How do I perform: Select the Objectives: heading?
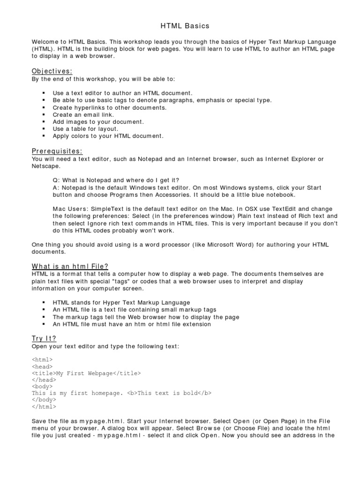[x=52, y=71]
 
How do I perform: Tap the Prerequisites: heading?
[x=57, y=151]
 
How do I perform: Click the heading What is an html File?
[x=70, y=266]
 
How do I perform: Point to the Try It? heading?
[x=44, y=338]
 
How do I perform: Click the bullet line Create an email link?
[x=83, y=114]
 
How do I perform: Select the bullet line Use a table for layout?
[x=86, y=128]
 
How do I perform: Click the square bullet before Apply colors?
[x=44, y=136]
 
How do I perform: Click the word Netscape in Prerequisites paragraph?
[x=46, y=166]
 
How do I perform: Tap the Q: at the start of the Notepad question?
[x=56, y=180]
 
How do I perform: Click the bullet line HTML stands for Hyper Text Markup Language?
[x=121, y=303]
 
